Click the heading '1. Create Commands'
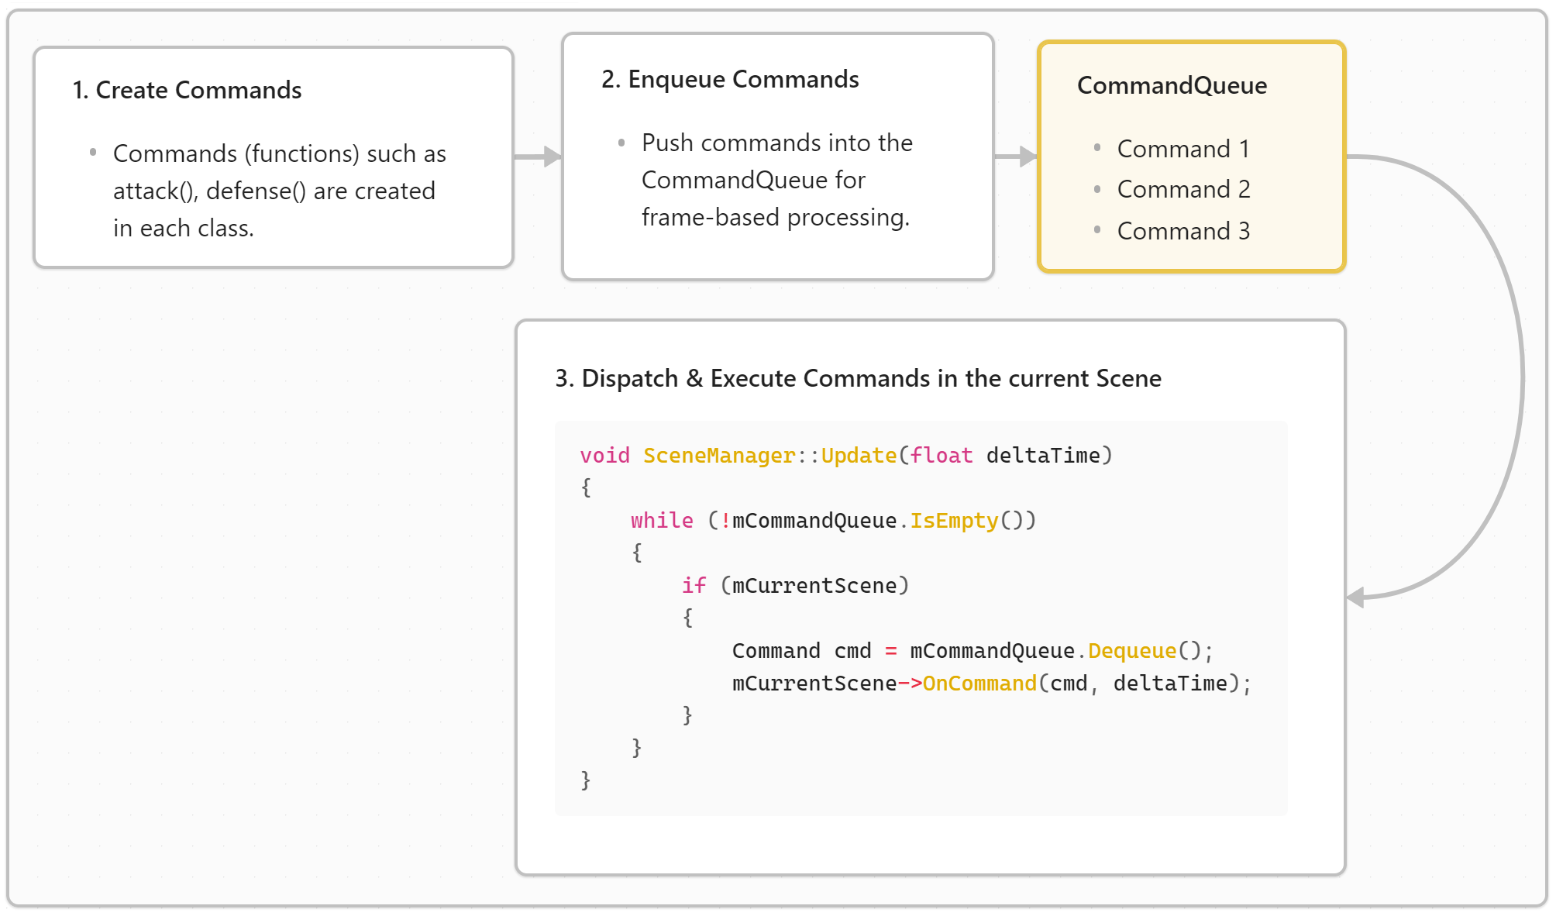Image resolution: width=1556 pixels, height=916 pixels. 187,90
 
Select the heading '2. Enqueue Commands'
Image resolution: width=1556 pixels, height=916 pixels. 730,79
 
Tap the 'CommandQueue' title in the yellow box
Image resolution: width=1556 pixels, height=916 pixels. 1172,85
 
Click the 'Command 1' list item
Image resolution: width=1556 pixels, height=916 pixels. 1182,149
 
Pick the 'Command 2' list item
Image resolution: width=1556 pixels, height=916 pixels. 1183,189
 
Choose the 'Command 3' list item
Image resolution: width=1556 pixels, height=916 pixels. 1183,231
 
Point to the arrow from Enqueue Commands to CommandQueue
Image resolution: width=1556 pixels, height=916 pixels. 1015,157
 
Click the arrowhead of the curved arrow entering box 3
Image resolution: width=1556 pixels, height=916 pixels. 1355,597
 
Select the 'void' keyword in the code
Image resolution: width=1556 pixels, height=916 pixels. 604,456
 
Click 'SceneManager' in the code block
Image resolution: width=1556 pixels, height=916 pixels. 719,456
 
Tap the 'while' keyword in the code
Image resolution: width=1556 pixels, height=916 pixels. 662,521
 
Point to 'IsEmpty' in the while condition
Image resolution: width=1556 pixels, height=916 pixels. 954,521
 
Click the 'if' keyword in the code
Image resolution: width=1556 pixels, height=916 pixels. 694,586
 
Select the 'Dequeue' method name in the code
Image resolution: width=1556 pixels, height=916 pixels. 1132,651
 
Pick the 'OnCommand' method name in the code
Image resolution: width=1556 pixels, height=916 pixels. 979,684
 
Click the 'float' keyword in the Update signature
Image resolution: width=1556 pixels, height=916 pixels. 942,456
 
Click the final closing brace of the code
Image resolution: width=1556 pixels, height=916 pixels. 586,780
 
